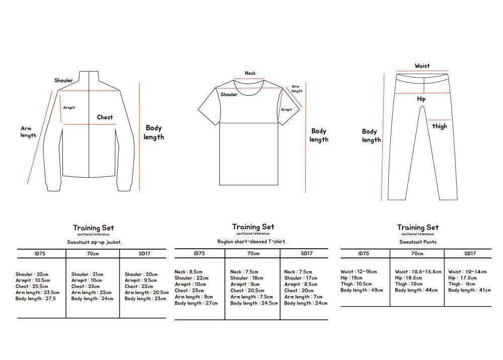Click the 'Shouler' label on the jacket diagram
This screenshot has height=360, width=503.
[x=64, y=81]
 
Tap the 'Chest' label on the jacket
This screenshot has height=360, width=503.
[x=105, y=117]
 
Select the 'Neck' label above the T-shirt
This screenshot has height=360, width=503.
[x=250, y=74]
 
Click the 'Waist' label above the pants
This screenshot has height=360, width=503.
[x=422, y=66]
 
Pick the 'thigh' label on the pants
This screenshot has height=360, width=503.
[x=440, y=126]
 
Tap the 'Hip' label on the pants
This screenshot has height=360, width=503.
[x=421, y=99]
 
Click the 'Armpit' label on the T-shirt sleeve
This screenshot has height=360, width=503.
[x=286, y=110]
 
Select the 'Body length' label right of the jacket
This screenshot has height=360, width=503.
[x=154, y=132]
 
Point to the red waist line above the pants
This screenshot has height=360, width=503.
[x=422, y=72]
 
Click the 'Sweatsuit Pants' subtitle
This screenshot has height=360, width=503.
[x=418, y=242]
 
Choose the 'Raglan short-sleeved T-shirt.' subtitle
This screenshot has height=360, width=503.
[x=251, y=242]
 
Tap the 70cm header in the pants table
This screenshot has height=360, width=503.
[x=417, y=254]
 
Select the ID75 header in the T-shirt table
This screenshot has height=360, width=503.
[x=199, y=254]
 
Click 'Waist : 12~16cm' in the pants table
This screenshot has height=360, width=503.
[x=359, y=272]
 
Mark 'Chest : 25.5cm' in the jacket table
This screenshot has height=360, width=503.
[x=32, y=286]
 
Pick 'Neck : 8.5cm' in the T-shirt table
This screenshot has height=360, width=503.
[x=189, y=272]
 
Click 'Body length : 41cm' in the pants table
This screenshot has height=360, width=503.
[x=469, y=291]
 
